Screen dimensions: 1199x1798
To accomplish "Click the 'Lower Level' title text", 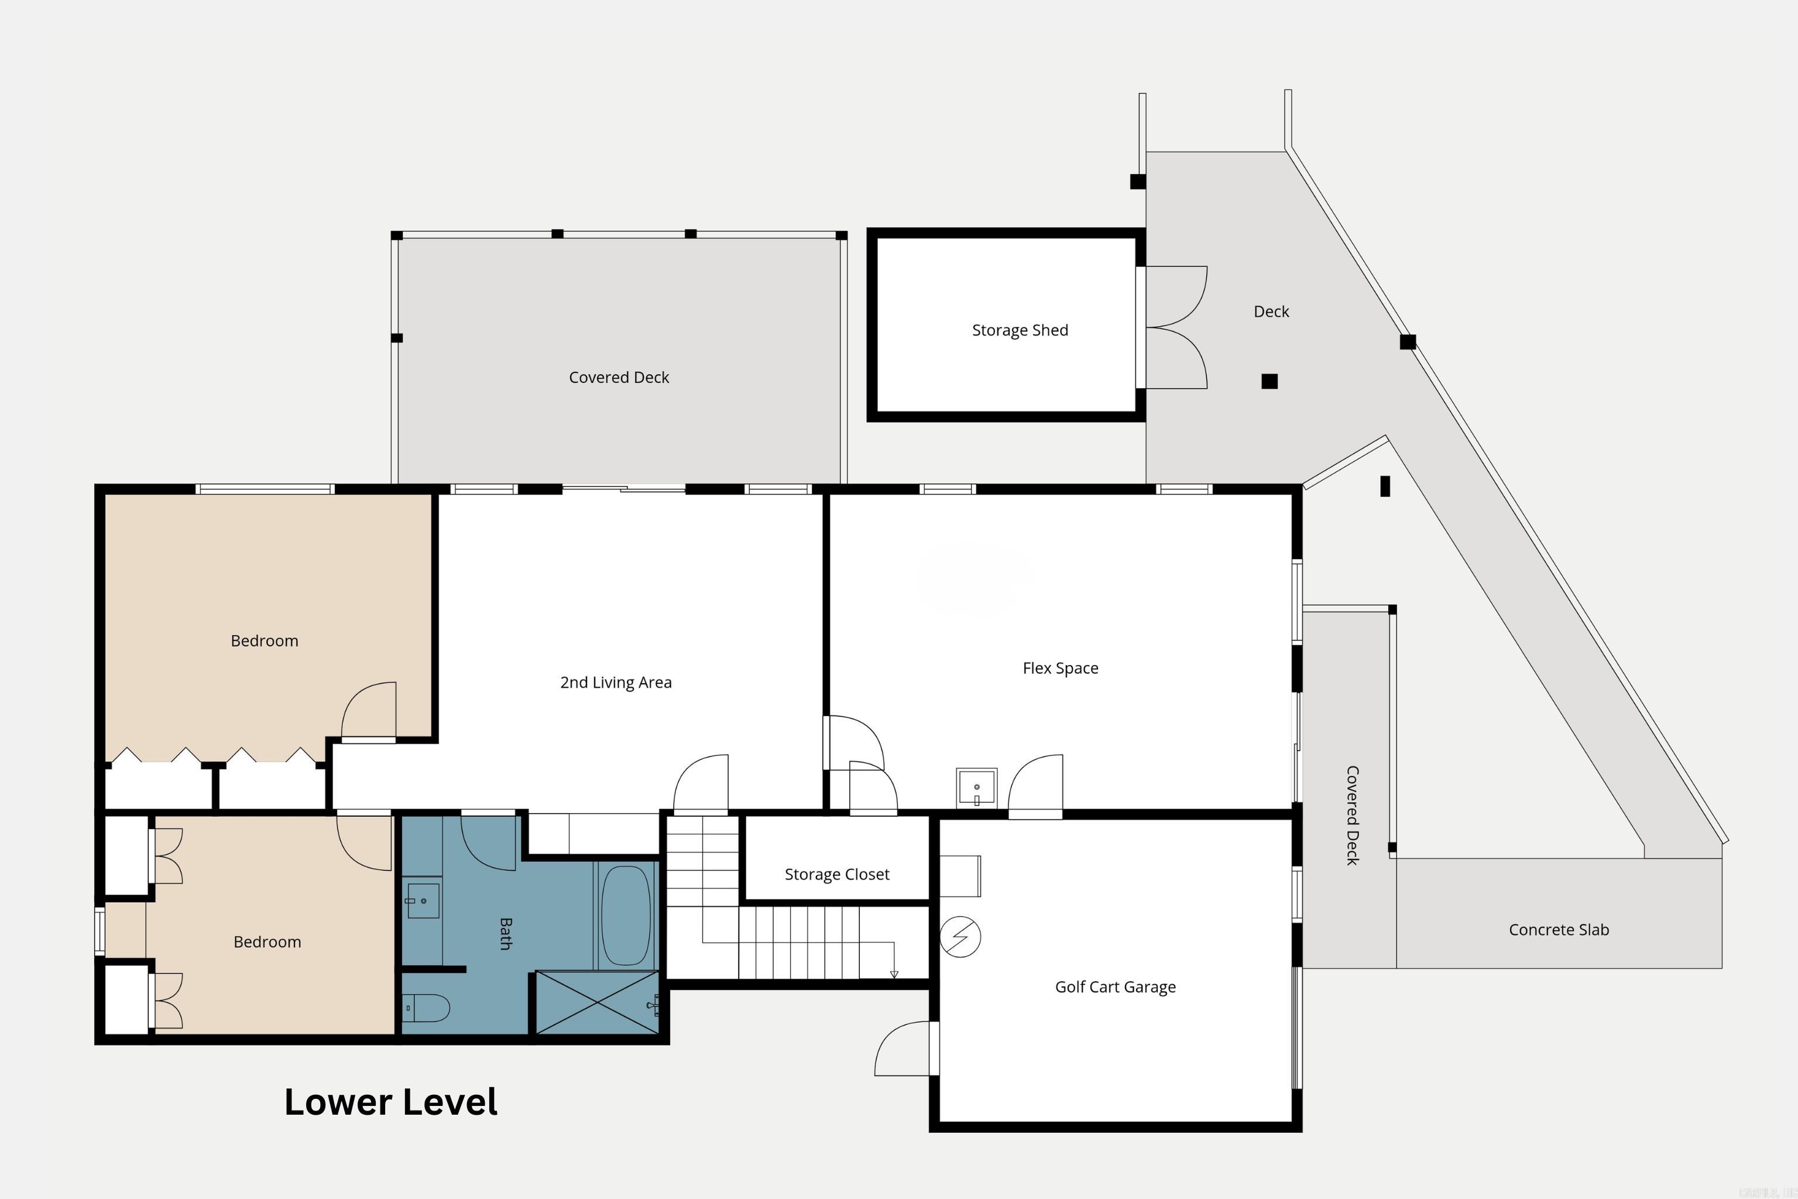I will coord(390,1102).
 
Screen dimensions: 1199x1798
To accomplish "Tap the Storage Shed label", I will coord(1020,330).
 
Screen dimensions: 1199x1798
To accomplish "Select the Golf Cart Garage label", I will coord(1114,987).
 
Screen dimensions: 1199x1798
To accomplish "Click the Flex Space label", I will coord(1061,669).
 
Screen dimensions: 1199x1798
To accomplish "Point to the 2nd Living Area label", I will coord(615,683).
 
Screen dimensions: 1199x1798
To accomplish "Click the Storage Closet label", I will coord(836,875).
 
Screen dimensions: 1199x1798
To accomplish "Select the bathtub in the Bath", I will coord(625,915).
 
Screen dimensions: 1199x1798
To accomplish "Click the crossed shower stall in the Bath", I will coord(597,1002).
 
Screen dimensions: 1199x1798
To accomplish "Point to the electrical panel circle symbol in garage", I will coord(960,937).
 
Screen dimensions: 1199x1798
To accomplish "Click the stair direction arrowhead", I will coord(894,974).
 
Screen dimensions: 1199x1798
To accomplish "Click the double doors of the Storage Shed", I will coord(1176,327).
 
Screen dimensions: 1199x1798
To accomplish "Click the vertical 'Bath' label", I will coord(505,934).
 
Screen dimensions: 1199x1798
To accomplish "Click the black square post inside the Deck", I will coord(1269,381).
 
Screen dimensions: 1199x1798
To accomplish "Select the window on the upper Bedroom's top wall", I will coord(265,489).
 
